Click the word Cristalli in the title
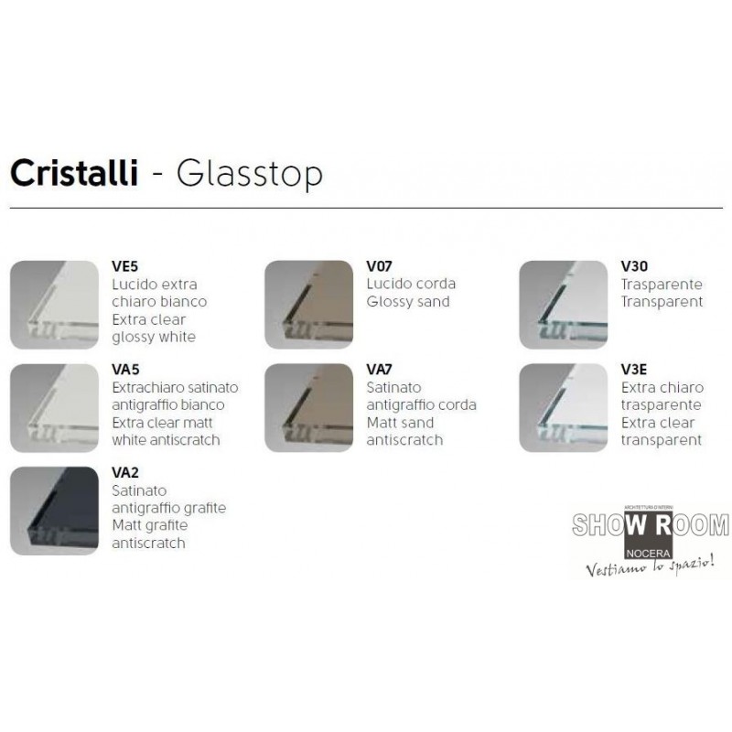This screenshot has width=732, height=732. pos(74,173)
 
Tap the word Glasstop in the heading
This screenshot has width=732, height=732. pos(249,174)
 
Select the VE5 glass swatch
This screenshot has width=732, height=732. pos(54,305)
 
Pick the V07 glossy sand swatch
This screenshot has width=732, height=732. pos(308,305)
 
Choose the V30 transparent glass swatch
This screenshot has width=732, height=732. pos(564,305)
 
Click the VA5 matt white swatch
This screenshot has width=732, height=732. pos(54,407)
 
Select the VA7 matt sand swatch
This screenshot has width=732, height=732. pos(308,407)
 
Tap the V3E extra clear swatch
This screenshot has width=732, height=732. pos(564,407)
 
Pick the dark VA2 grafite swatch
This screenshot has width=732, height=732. pos(54,511)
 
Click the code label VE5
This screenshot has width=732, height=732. pos(125,266)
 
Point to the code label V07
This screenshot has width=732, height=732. pos(379,266)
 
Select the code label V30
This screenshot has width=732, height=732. pos(634,266)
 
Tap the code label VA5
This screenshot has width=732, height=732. pos(125,370)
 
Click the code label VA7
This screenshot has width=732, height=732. pos(379,370)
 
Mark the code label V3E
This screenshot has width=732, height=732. pos(633,370)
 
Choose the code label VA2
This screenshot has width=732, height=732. pos(125,472)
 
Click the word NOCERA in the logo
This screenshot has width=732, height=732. pos(649,554)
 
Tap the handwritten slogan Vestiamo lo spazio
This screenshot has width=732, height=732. pos(650,566)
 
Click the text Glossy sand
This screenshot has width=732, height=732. pos(408,302)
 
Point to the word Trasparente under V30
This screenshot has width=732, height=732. pos(662,285)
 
